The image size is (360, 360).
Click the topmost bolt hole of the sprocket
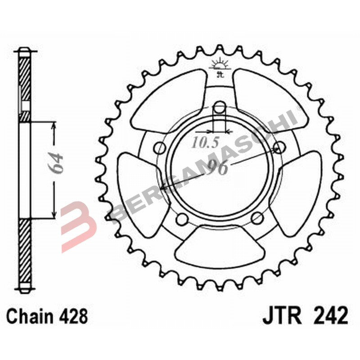coord(219,107)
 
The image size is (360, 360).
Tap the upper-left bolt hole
coord(159,147)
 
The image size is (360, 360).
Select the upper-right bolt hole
coord(280,147)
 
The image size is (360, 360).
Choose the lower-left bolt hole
coord(182,219)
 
